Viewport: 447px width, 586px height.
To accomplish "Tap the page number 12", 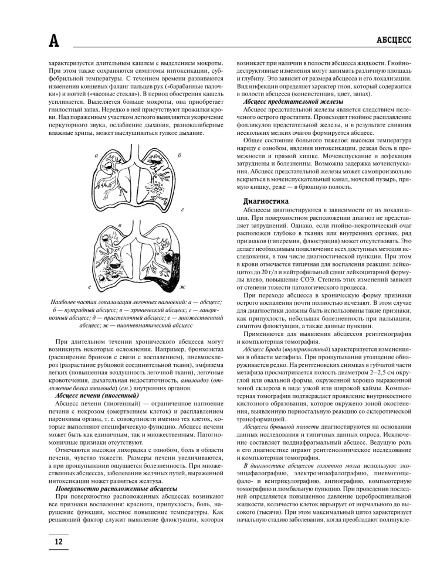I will pos(59,541).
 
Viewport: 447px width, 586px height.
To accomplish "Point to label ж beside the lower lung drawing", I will pos(182,287).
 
